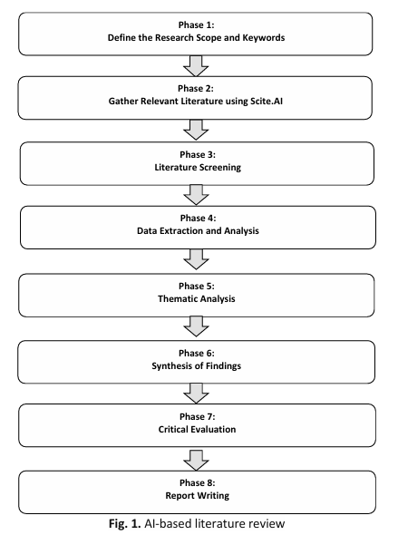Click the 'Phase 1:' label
click(196, 24)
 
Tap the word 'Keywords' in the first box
click(263, 37)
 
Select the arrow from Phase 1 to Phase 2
click(196, 66)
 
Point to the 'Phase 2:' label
click(196, 88)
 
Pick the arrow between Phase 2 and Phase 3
click(196, 130)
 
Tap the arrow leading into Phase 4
click(196, 195)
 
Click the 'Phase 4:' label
click(199, 218)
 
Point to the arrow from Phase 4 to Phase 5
click(196, 259)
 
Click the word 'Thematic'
click(177, 299)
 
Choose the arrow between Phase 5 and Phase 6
click(196, 326)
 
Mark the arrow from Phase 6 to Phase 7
click(196, 393)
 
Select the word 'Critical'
click(173, 429)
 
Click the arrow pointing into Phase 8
click(196, 461)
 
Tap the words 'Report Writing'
click(198, 496)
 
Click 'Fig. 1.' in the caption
click(125, 523)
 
